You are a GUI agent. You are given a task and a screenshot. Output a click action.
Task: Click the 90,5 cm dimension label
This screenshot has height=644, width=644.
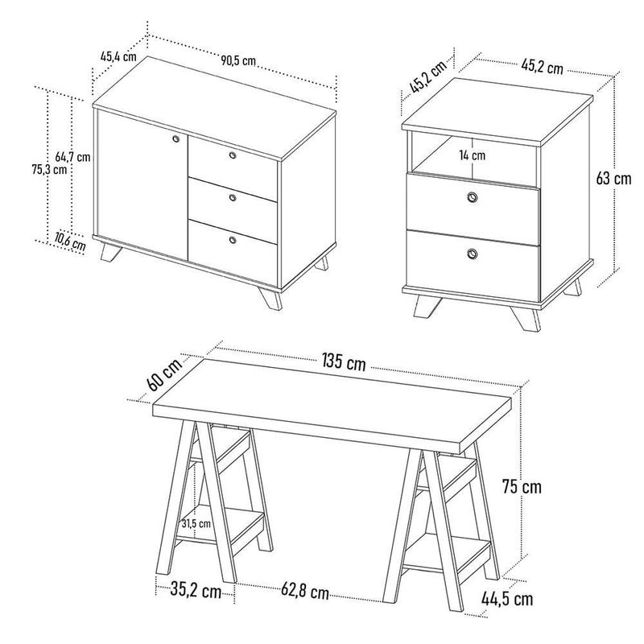[x=238, y=61]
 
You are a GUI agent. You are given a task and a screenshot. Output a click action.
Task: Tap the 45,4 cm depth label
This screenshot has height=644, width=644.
[x=118, y=56]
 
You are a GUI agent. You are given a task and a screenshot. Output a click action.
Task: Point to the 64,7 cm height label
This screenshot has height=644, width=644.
[x=72, y=157]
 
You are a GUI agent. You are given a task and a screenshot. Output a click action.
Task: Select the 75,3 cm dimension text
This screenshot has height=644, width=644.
[x=49, y=169]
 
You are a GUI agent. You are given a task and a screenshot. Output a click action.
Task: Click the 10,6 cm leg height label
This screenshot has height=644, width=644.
[x=70, y=242]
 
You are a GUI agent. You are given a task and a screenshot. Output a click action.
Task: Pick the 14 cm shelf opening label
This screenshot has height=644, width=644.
[x=473, y=155]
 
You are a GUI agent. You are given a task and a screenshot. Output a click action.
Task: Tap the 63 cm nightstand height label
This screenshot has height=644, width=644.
[x=613, y=178]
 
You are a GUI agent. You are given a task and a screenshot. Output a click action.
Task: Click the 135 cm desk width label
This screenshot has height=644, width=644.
[x=344, y=362]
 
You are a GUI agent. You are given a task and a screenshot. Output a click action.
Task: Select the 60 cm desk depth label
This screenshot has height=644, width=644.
[x=164, y=375]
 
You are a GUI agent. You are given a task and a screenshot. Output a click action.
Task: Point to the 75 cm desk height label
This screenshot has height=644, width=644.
[x=522, y=487]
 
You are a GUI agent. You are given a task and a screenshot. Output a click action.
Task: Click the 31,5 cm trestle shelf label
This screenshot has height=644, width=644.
[x=196, y=524]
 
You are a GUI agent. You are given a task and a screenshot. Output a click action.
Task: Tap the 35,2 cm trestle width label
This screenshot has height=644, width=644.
[x=196, y=591]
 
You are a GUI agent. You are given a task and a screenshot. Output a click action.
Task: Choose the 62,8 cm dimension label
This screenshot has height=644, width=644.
[x=305, y=592]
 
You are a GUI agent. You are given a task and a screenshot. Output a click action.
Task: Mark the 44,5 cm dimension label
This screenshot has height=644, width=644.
[x=507, y=599]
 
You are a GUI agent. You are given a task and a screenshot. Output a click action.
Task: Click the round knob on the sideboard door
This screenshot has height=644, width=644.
[x=176, y=138]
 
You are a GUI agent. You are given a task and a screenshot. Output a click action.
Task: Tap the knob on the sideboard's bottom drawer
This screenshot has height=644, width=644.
[x=233, y=240]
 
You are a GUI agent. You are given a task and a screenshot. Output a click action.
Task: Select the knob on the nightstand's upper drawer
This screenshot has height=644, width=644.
[x=473, y=197]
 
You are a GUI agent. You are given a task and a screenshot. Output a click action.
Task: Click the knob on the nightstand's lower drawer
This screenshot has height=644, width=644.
[x=473, y=254]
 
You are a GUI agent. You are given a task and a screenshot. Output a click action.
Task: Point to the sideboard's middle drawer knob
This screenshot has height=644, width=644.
[x=233, y=197]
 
